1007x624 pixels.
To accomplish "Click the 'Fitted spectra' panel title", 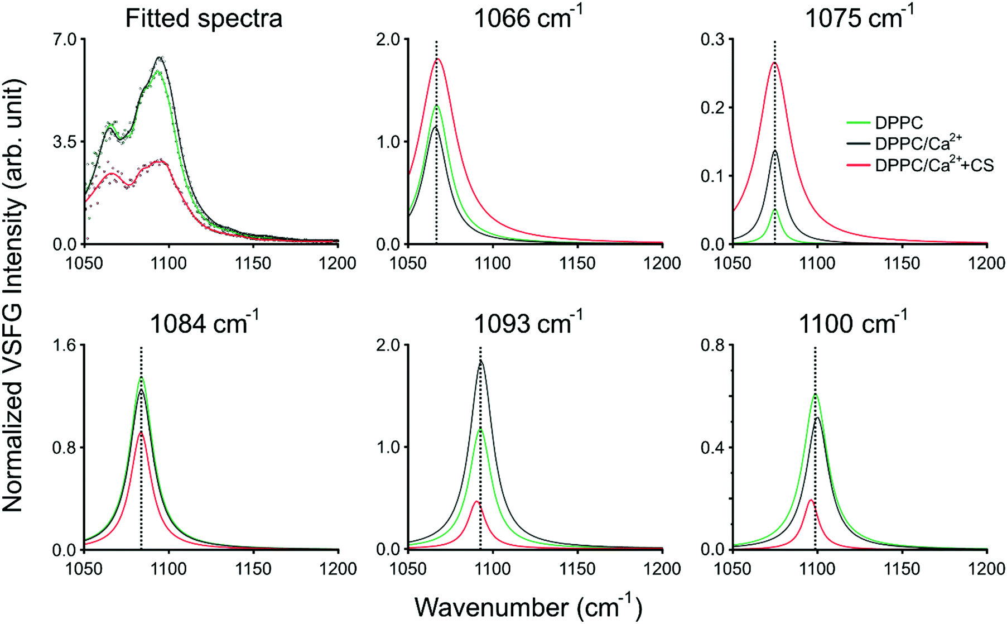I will tap(204, 18).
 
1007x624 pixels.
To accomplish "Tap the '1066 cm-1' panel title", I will tap(528, 18).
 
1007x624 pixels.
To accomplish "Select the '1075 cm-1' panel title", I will tap(859, 18).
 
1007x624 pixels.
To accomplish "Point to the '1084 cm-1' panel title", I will tap(204, 324).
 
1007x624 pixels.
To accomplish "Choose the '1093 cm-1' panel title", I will tap(528, 324).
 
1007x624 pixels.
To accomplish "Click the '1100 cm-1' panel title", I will tap(852, 324).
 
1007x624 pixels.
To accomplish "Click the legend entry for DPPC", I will tap(898, 123).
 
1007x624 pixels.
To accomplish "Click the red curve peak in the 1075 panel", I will tap(774, 63).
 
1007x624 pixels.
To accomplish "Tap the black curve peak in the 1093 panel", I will tap(480, 362).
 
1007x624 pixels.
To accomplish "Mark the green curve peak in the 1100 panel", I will tap(815, 395).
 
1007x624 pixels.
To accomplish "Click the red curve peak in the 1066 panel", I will tap(437, 59).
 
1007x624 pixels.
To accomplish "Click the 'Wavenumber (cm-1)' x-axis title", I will tap(528, 607).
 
